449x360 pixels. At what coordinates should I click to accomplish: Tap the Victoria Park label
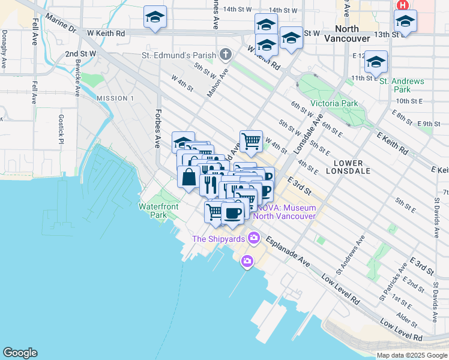333,104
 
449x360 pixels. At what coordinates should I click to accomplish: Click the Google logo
20,353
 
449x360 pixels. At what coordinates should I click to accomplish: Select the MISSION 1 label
115,98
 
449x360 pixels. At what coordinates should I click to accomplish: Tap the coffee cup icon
232,212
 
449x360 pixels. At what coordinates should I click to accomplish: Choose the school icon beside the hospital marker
406,22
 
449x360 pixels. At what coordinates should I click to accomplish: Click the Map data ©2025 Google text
411,355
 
